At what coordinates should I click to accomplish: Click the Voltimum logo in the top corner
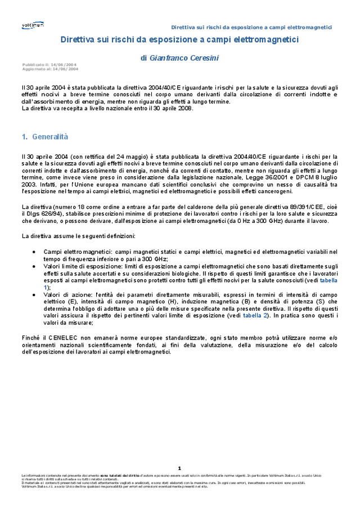tap(33, 25)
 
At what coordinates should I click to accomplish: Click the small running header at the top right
tap(251, 27)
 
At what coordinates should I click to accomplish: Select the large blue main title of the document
tap(179, 39)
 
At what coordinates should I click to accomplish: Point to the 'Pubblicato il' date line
tap(49, 65)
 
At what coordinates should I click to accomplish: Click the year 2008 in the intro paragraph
tap(184, 109)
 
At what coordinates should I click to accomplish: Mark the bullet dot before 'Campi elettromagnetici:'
tap(35, 252)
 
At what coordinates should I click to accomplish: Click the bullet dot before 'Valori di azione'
tap(35, 294)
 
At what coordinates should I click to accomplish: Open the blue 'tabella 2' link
tap(240, 316)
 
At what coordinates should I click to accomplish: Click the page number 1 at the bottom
tap(179, 468)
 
